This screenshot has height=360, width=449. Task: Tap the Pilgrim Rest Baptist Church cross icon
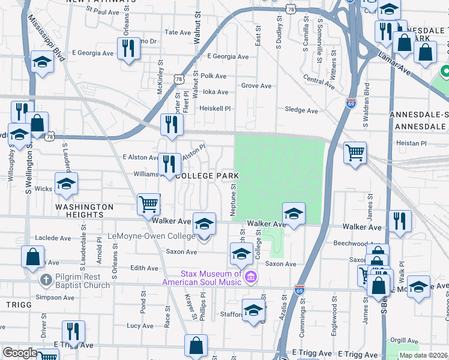[x=46, y=280]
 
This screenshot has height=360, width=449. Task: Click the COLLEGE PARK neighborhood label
[x=206, y=176]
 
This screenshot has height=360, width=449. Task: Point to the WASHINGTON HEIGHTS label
[x=85, y=211]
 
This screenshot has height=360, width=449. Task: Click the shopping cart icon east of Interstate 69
[x=355, y=152]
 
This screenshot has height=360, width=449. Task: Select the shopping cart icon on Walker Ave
[x=148, y=203]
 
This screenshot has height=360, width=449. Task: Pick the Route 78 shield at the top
[x=291, y=10]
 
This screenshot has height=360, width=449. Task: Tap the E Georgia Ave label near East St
[x=228, y=56]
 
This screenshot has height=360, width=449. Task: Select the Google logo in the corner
[x=20, y=353]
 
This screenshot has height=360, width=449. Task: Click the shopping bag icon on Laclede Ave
[x=32, y=256]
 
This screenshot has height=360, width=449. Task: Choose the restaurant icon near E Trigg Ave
[x=73, y=331]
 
